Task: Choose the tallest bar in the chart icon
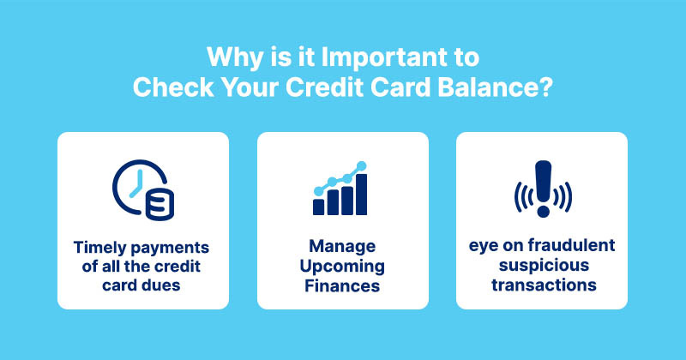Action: click(362, 194)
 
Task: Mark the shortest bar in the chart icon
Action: click(318, 207)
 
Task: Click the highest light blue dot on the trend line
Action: click(362, 165)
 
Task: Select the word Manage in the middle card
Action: click(342, 248)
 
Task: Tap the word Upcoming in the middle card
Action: click(342, 266)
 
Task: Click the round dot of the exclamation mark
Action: click(542, 211)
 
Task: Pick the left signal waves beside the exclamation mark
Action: click(520, 198)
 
